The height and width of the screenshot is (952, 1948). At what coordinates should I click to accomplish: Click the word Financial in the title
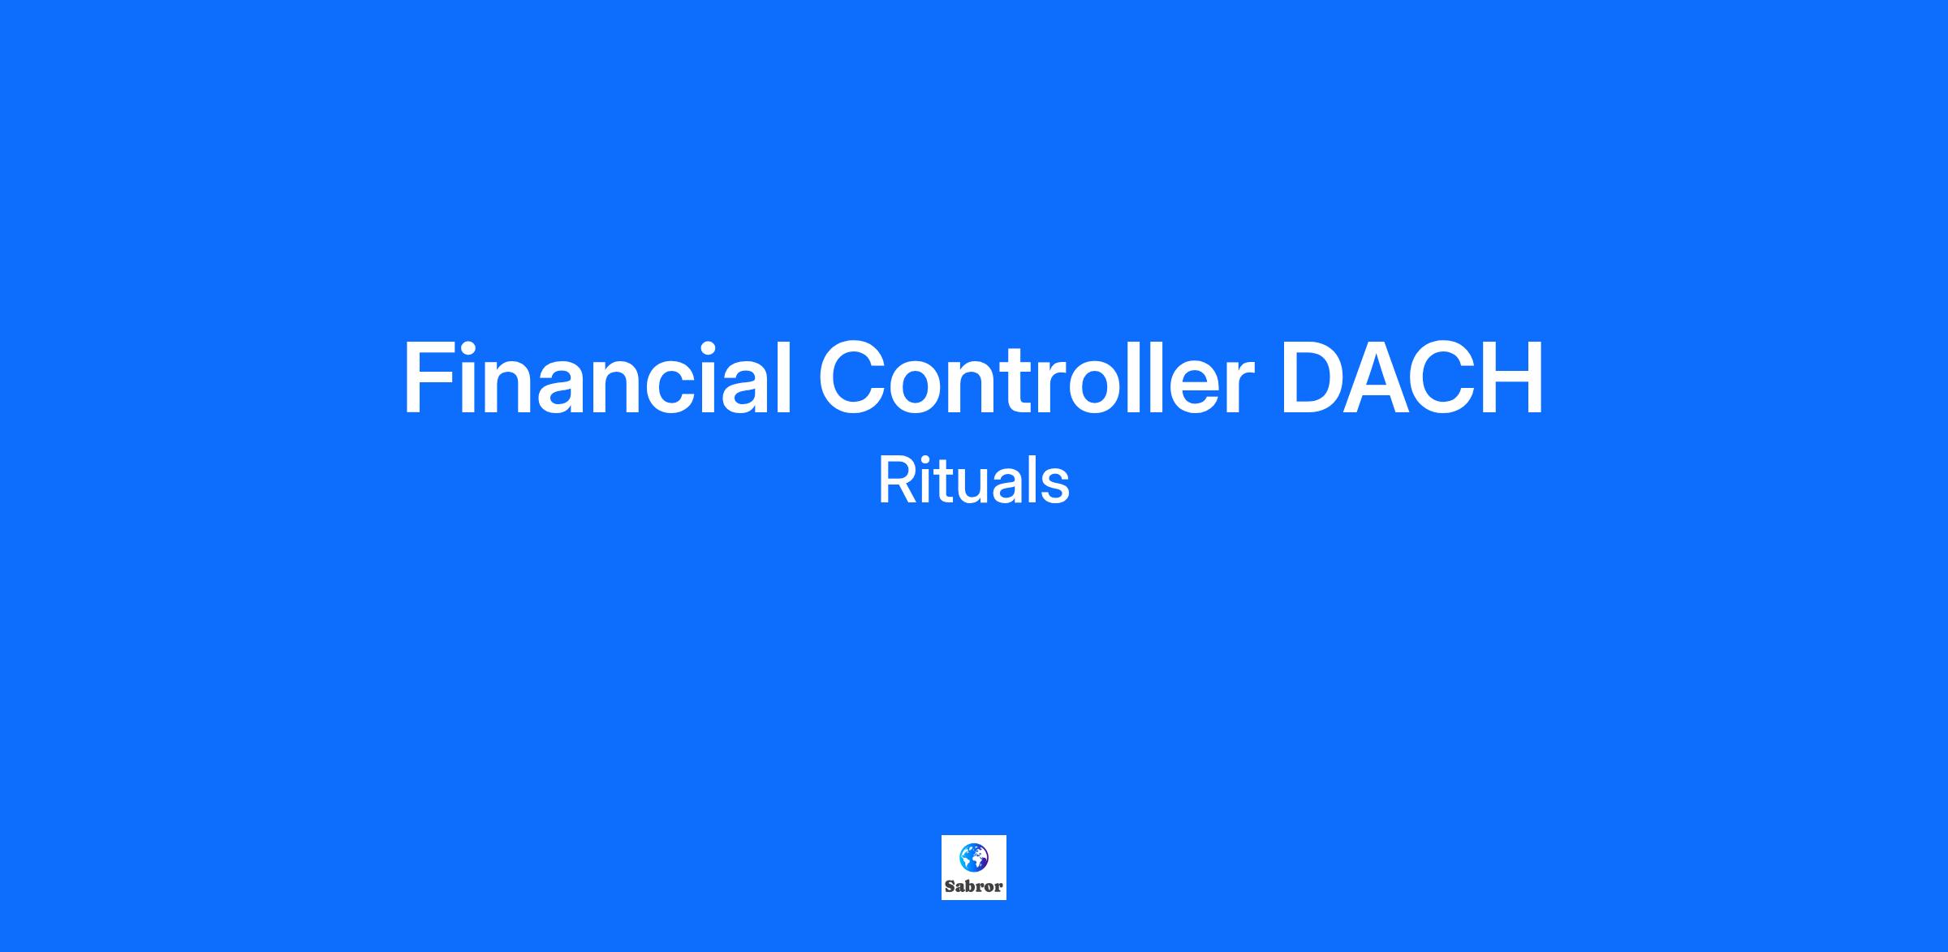pos(597,378)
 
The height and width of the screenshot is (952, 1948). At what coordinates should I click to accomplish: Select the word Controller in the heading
pos(1036,378)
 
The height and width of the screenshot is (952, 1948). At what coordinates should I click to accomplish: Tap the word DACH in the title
pos(1412,378)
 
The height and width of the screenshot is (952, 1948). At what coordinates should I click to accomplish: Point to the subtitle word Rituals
pos(973,480)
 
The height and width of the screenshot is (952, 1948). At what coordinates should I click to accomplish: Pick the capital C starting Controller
pos(853,378)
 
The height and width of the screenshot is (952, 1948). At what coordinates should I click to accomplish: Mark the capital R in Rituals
pos(897,480)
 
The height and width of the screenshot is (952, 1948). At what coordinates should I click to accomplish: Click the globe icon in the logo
pos(974,856)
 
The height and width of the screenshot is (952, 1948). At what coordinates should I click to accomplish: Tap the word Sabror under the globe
pos(974,886)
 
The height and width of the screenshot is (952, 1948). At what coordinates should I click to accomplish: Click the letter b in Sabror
pos(972,886)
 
